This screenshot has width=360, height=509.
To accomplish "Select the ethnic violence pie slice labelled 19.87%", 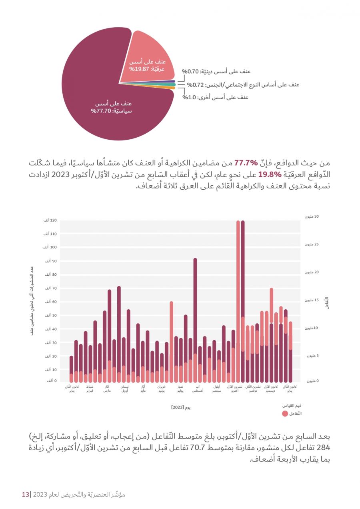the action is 148,61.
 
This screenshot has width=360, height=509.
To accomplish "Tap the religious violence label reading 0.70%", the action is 216,71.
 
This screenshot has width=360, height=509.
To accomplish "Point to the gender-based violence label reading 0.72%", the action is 243,85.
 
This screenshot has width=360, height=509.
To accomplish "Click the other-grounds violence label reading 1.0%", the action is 215,98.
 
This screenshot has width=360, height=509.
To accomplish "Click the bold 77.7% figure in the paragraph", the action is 246,163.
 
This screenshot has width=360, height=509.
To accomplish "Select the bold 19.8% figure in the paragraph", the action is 270,174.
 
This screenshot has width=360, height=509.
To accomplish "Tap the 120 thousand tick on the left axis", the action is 50,220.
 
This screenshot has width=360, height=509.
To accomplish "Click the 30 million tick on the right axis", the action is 312,216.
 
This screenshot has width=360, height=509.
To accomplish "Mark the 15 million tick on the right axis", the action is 312,300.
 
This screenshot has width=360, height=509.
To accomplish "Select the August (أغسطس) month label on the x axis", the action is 198,389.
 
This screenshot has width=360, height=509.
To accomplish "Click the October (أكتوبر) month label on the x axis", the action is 235,389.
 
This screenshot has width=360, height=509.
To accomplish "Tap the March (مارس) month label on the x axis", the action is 107,389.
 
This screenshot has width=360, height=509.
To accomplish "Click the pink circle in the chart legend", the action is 285,414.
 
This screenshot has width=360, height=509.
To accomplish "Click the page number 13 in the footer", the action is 26,495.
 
